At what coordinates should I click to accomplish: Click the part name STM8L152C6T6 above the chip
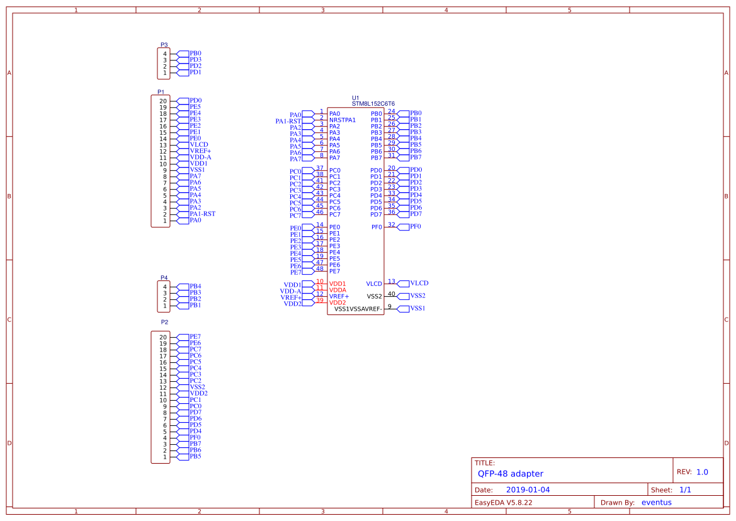373,104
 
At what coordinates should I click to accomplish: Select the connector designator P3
164,45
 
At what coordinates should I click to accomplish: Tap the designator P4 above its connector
164,277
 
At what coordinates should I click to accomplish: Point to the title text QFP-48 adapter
510,474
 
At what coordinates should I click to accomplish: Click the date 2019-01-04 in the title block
528,490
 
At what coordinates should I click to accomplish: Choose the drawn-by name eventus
656,502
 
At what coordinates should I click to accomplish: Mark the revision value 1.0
702,472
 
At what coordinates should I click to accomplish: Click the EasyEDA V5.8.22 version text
503,503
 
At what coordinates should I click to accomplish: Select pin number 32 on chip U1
391,224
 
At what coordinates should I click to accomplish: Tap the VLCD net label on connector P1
199,145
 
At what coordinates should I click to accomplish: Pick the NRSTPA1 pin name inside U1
343,120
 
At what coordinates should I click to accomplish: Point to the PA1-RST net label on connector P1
202,214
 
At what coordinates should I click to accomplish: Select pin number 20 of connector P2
163,337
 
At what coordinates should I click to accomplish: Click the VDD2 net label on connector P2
198,394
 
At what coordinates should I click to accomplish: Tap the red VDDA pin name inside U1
337,290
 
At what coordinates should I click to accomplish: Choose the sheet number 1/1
685,490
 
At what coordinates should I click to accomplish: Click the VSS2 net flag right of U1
417,295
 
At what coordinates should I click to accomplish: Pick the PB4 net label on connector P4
195,286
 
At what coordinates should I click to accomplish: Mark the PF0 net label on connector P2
195,437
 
